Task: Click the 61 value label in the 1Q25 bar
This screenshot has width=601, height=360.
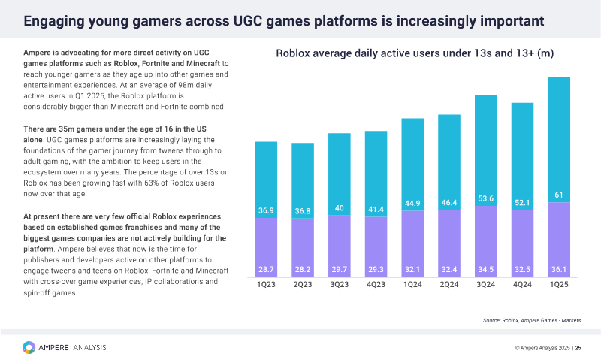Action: click(560, 195)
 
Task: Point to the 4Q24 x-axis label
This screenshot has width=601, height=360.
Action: click(523, 286)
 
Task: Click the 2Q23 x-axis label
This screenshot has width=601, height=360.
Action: click(303, 286)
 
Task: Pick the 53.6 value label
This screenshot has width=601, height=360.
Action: click(486, 198)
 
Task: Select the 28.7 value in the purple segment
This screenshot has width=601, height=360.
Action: click(267, 268)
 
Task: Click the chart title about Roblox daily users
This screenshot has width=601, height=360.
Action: click(415, 53)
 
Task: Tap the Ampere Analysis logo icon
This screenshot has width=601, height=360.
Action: click(28, 346)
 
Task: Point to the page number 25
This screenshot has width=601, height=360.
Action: click(578, 347)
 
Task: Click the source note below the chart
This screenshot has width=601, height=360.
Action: click(531, 320)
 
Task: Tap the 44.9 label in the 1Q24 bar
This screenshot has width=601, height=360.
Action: click(412, 204)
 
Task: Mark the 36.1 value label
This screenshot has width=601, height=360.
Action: click(560, 268)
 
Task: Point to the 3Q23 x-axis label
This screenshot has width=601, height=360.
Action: click(340, 286)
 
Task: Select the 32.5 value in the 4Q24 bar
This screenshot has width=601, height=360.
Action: click(523, 268)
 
